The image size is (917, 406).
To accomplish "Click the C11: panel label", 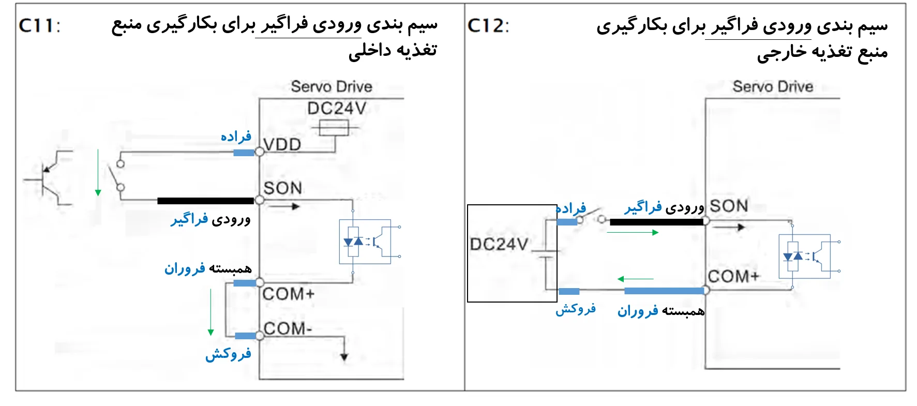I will coord(39,25).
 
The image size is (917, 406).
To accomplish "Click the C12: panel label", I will coord(488,25).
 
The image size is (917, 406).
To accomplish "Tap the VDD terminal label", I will coord(282,144).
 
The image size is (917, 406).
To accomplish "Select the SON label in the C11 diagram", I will coord(282,188).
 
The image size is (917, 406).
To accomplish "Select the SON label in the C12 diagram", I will coord(729,206).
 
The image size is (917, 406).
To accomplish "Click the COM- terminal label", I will coord(287,328).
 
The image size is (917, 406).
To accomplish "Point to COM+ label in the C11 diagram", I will coord(288,294).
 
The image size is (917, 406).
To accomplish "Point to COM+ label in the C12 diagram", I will coord(733,276).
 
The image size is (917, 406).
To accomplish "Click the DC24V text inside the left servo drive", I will coord(336,108).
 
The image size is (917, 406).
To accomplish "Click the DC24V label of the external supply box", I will coord(499,244).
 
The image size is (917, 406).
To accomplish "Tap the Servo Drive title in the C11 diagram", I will coord(332,86).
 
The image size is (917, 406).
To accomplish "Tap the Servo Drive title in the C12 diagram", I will coord(773,86).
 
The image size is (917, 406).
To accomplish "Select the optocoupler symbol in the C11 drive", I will coord(365,242).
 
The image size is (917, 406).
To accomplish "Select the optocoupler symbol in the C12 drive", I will coord(804,257).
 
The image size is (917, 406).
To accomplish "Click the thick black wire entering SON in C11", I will coord(205,201).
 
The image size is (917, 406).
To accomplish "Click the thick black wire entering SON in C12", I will coord(657,222).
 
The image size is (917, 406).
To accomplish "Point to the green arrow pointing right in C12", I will coord(633,233).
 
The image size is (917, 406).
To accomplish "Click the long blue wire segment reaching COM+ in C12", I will coord(664,291).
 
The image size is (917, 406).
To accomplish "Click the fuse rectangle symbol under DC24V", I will coord(334,127).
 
